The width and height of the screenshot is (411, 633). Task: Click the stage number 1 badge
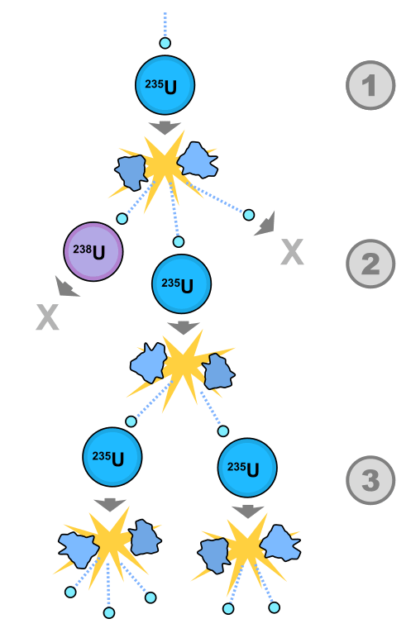(370, 85)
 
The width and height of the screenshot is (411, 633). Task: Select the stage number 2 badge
(370, 264)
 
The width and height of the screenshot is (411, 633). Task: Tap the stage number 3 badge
(370, 480)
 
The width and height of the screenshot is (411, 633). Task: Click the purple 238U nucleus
(93, 251)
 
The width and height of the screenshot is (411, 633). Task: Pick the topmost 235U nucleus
(165, 85)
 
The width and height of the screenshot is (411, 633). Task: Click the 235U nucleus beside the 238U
(181, 283)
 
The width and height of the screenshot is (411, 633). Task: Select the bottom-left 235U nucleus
(112, 457)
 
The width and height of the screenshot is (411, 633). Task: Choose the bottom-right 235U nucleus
(247, 468)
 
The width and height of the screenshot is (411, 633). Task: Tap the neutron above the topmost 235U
(165, 43)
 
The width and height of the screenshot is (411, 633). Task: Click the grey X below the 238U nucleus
(48, 317)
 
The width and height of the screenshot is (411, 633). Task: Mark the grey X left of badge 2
(292, 252)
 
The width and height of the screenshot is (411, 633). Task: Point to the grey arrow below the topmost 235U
(165, 128)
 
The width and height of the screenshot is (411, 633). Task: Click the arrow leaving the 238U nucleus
(67, 287)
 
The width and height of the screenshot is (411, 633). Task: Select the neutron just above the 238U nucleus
(122, 219)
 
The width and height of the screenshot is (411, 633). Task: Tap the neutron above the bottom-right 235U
(223, 431)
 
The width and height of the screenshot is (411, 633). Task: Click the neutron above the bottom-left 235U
(131, 421)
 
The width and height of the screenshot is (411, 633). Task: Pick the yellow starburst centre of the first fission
(165, 164)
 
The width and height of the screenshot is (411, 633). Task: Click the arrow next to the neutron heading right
(266, 223)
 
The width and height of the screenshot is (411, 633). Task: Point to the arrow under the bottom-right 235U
(248, 512)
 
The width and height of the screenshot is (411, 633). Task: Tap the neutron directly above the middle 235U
(179, 242)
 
